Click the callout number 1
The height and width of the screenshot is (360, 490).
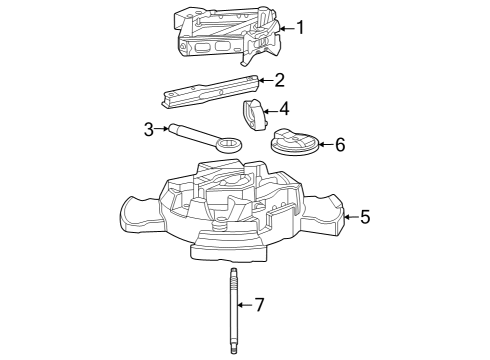pyautogui.click(x=301, y=28)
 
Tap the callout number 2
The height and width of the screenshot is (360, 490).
pyautogui.click(x=280, y=79)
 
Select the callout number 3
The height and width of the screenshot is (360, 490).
pyautogui.click(x=149, y=129)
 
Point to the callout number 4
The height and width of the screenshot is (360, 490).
pyautogui.click(x=284, y=108)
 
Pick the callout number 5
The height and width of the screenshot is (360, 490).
pyautogui.click(x=365, y=215)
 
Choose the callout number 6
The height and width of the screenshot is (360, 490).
pyautogui.click(x=339, y=145)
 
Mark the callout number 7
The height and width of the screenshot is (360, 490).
pyautogui.click(x=259, y=305)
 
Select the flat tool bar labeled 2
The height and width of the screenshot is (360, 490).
pyautogui.click(x=211, y=91)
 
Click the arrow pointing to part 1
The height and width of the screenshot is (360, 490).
pyautogui.click(x=283, y=28)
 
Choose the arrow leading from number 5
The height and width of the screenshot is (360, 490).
pyautogui.click(x=349, y=215)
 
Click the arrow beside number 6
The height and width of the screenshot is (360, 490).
pyautogui.click(x=323, y=145)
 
